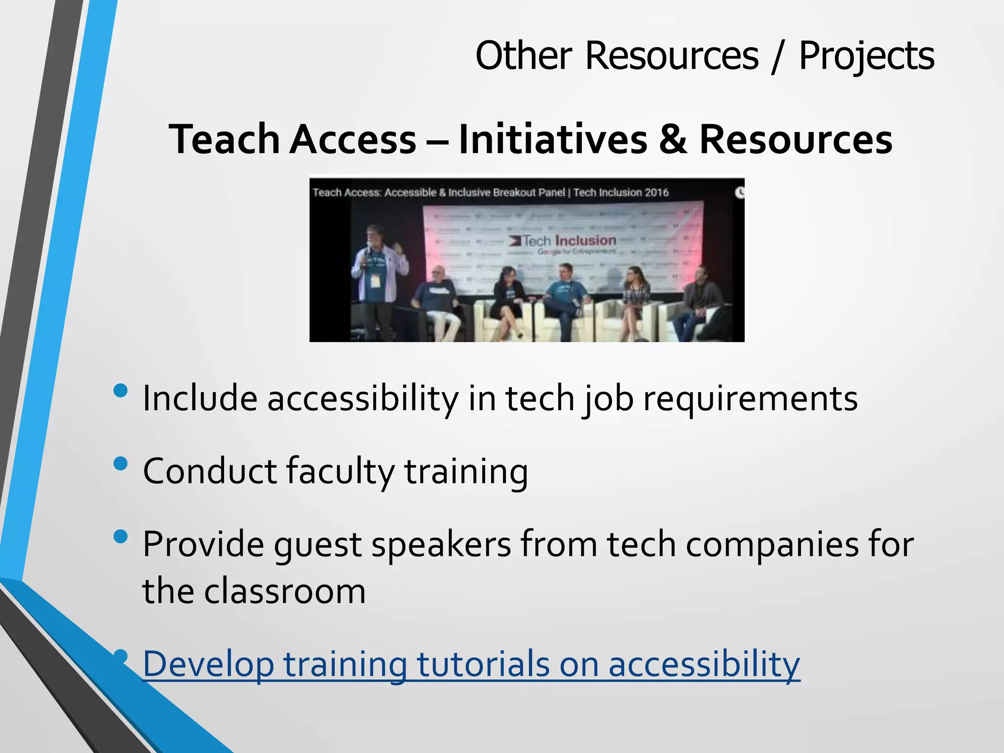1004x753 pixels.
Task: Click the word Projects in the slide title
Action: (x=866, y=56)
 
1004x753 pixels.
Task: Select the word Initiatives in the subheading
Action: (x=552, y=140)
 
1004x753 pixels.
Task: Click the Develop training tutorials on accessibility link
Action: (x=471, y=664)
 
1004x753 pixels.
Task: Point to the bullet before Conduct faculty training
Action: (x=120, y=463)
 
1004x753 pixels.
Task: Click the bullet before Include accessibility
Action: (x=120, y=391)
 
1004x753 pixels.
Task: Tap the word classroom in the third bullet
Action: (x=285, y=591)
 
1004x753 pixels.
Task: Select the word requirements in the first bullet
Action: (x=750, y=398)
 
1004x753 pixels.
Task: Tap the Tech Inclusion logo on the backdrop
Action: (x=564, y=241)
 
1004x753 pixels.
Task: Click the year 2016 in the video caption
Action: (x=656, y=193)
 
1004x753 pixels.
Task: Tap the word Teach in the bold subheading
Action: (x=224, y=140)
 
